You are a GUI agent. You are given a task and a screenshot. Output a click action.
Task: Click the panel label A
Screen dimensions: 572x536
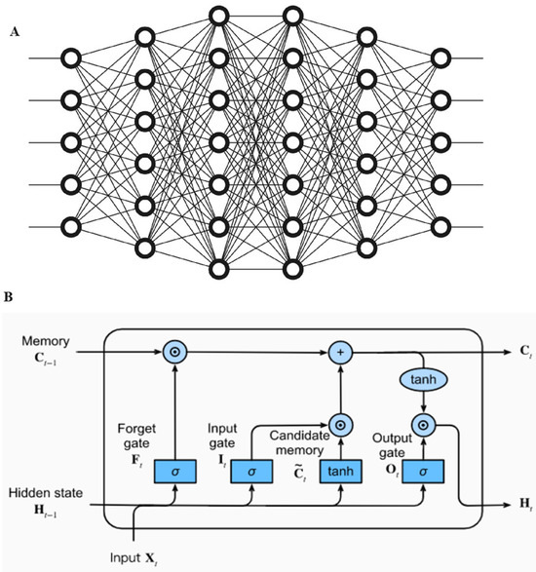pyautogui.click(x=14, y=32)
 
